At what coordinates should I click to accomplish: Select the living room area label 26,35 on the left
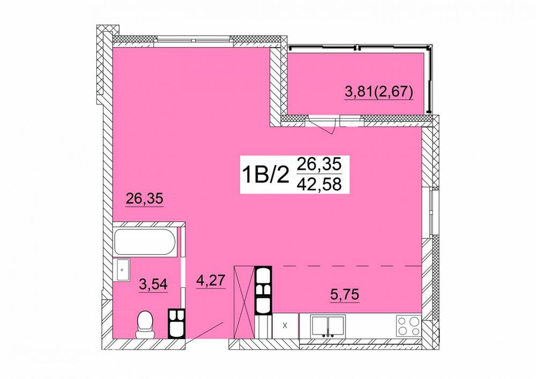point(144,199)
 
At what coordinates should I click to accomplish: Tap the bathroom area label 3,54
point(153,284)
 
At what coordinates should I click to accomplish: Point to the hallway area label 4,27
point(211,281)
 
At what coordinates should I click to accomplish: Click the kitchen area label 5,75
point(345,294)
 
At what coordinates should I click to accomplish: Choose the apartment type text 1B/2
point(265,175)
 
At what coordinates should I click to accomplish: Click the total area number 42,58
point(319,184)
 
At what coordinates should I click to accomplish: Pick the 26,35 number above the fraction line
point(319,165)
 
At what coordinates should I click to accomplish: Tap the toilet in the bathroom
point(145,324)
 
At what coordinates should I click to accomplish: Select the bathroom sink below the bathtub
point(122,270)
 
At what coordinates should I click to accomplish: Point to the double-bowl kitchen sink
point(327,326)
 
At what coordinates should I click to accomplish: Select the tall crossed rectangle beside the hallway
point(244,302)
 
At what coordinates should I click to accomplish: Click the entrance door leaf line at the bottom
point(205,330)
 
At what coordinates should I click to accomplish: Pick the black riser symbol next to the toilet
point(177,323)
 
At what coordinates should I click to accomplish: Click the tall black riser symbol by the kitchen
point(263,290)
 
